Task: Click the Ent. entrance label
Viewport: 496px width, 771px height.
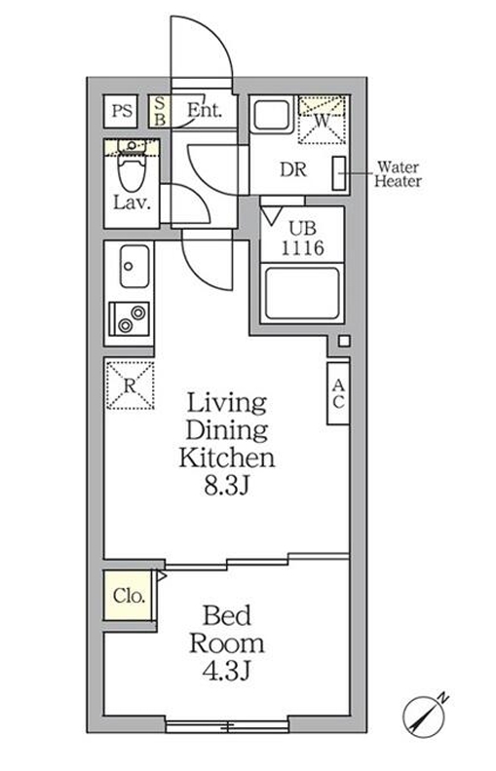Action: coord(205,110)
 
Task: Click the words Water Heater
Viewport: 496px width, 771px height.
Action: coord(399,173)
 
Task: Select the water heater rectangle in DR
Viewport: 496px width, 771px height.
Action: coord(339,173)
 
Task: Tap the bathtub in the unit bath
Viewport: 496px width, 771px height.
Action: coord(301,292)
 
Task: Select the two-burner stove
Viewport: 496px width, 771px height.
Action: coord(132,317)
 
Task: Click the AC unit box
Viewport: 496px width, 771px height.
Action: coord(338,392)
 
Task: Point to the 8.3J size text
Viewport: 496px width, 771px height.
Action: coord(226,483)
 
